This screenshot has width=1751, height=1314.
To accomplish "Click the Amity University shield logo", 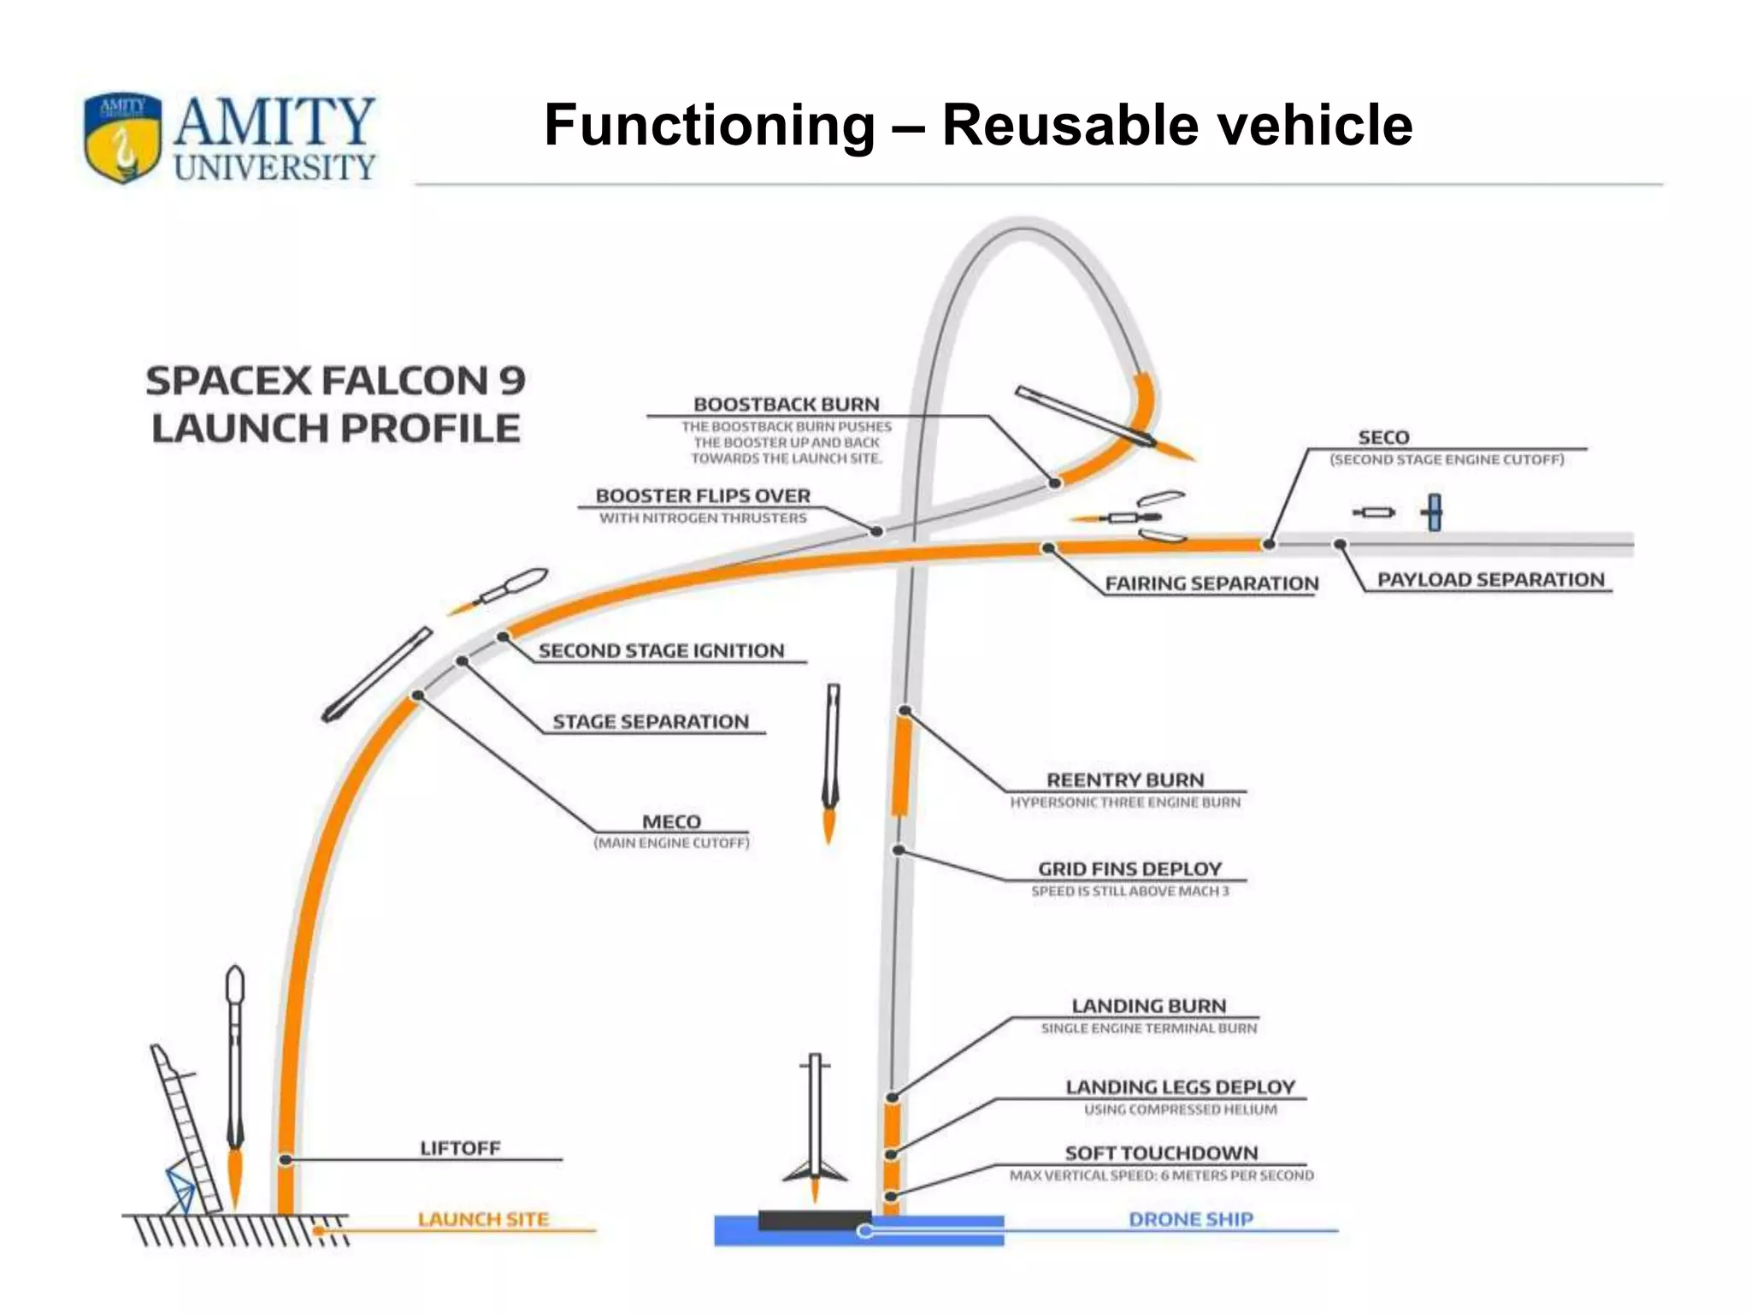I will click(122, 139).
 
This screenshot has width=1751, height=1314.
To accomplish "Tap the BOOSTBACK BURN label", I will click(786, 404).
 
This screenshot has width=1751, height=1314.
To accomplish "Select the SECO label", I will click(1383, 437).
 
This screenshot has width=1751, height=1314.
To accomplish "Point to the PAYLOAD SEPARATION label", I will click(1490, 579).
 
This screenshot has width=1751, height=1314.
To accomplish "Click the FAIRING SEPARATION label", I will click(1211, 583).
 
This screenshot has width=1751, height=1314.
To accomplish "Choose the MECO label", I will click(671, 821).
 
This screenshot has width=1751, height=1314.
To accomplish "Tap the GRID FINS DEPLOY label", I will click(1129, 868).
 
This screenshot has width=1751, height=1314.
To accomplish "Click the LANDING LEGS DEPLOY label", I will click(1180, 1086).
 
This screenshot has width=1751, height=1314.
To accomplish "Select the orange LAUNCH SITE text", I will click(483, 1219).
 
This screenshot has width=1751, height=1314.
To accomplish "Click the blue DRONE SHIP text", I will click(1190, 1219).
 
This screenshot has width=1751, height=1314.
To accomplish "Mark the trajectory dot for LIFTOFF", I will click(286, 1159).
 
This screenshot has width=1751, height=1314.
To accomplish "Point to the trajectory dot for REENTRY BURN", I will click(905, 711).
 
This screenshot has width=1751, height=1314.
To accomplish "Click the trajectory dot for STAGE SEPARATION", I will click(462, 661).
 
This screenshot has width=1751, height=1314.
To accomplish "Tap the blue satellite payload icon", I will click(1434, 512).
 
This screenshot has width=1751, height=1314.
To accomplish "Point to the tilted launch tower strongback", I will click(184, 1129).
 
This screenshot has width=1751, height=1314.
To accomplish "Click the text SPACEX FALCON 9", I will click(335, 381).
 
